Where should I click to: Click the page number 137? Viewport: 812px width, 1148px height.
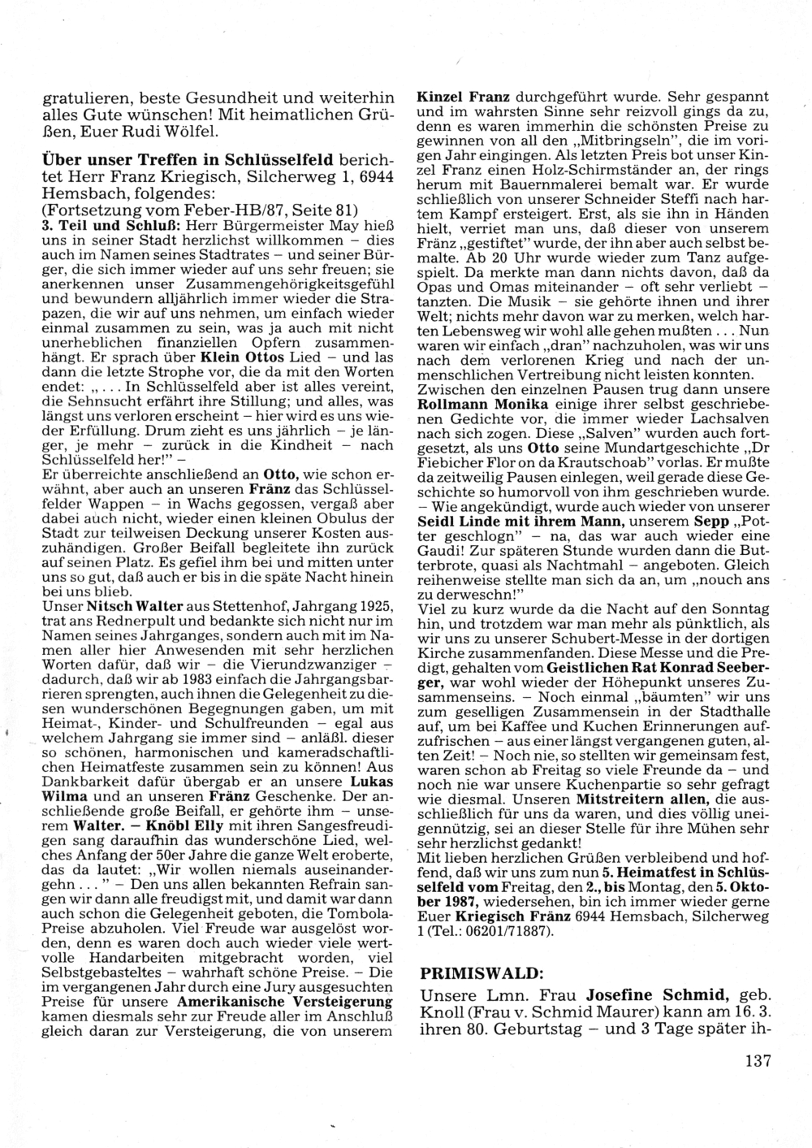(x=755, y=1059)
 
